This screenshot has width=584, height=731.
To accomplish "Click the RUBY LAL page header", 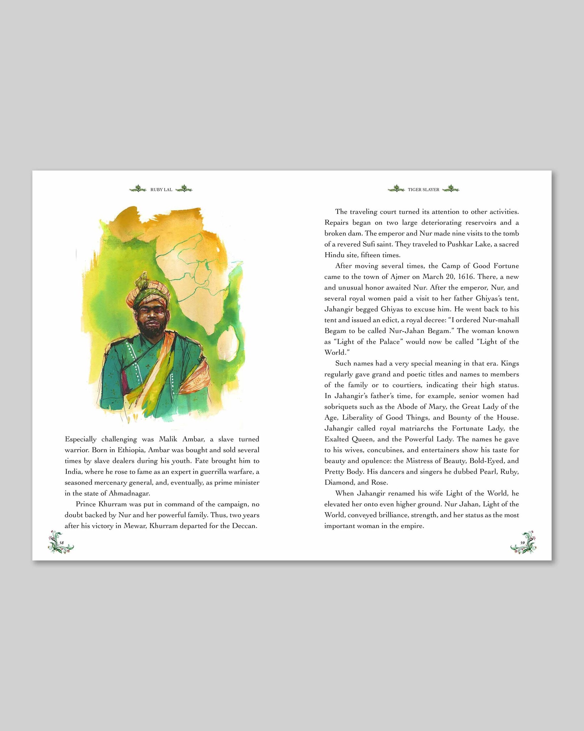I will pyautogui.click(x=161, y=190).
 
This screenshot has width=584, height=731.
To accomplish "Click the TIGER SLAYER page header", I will pyautogui.click(x=424, y=190).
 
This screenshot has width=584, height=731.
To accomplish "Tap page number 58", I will pyautogui.click(x=61, y=543).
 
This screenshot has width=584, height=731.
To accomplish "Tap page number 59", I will pyautogui.click(x=522, y=543).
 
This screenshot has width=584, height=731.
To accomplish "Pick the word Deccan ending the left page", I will pyautogui.click(x=244, y=526).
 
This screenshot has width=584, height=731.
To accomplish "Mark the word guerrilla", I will pyautogui.click(x=215, y=472).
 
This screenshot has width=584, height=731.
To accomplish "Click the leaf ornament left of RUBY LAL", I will pyautogui.click(x=138, y=189).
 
